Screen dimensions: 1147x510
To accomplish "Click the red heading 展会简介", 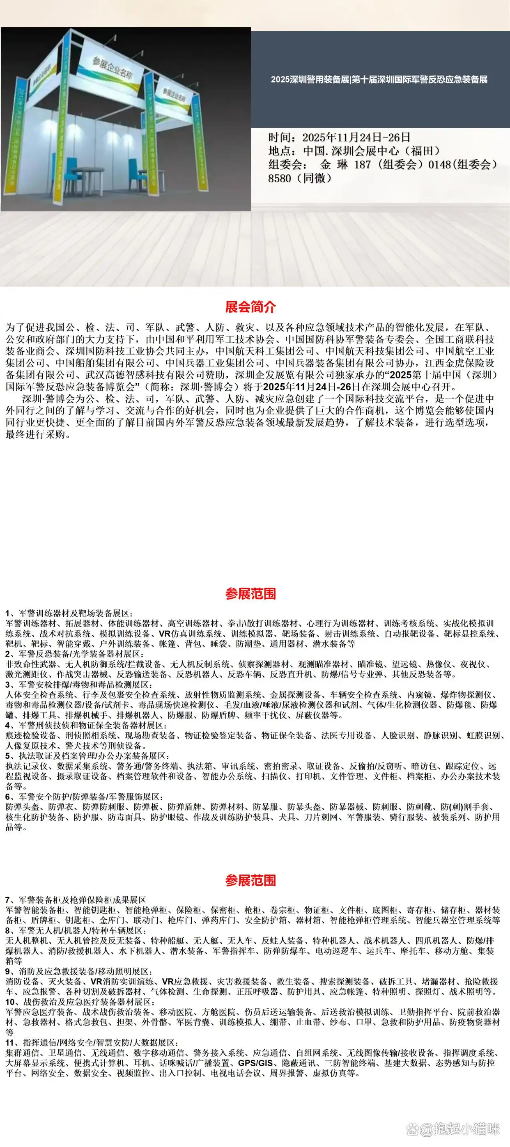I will coord(250,307).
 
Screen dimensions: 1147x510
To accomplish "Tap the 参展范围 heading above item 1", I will coord(250,593).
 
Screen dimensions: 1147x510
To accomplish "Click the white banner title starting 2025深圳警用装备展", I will coord(379,80).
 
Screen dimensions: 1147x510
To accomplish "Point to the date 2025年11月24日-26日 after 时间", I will coord(356,137).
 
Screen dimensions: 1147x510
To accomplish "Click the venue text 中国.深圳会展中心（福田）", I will coord(372,151).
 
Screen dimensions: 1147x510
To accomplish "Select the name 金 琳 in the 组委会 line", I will coord(333,164).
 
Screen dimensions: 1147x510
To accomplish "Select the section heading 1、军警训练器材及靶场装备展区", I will coord(69,614).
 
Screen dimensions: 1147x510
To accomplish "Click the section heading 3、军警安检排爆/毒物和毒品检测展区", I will coord(78,685).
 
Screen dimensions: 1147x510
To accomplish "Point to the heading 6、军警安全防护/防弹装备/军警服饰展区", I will coord(84,797).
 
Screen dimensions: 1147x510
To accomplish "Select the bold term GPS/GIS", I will coord(255,1063).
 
